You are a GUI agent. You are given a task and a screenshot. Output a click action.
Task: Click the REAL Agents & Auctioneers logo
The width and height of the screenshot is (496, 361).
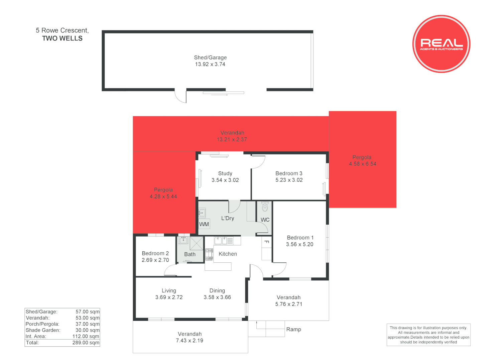tap(441, 44)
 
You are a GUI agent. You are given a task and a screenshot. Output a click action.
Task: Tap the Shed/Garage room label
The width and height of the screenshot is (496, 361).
tap(210, 57)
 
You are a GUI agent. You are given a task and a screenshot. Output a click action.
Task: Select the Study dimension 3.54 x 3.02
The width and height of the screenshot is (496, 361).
tap(225, 180)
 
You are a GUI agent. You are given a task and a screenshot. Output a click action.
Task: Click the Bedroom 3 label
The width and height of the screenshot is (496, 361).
tap(289, 173)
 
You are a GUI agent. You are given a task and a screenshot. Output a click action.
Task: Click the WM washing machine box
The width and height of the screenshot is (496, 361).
tap(204, 224)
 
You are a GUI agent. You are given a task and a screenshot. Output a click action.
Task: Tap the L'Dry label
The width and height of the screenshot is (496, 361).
tap(228, 218)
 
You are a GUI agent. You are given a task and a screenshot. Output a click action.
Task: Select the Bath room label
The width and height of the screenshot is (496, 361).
tap(190, 254)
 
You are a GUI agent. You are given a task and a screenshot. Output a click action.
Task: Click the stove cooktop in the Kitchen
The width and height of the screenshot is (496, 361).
tap(209, 254)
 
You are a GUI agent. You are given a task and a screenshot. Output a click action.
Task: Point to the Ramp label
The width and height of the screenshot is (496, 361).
tap(293, 330)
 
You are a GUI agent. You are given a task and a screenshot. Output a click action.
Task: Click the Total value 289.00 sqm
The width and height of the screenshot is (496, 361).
tap(86, 343)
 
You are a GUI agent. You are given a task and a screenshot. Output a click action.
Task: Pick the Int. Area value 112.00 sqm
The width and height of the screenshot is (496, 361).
tap(86, 336)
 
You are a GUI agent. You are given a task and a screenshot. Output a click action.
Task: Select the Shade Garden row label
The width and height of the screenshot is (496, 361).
tap(43, 330)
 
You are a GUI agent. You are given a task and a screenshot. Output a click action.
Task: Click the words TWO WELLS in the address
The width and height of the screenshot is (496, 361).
tap(62, 38)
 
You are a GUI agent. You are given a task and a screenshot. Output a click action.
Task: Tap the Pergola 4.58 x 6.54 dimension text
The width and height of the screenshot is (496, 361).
tap(363, 164)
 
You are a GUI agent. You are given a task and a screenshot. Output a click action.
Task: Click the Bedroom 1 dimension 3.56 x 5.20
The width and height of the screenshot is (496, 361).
tap(299, 244)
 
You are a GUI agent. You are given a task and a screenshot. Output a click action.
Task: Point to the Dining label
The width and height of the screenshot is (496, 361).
tap(217, 291)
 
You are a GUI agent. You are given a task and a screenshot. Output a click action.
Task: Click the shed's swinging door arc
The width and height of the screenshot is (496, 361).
tap(180, 97)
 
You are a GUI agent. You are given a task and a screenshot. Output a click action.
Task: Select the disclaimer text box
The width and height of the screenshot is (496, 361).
tap(428, 335)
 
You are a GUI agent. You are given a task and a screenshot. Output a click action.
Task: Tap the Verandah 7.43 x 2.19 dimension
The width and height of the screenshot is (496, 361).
tap(190, 341)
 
